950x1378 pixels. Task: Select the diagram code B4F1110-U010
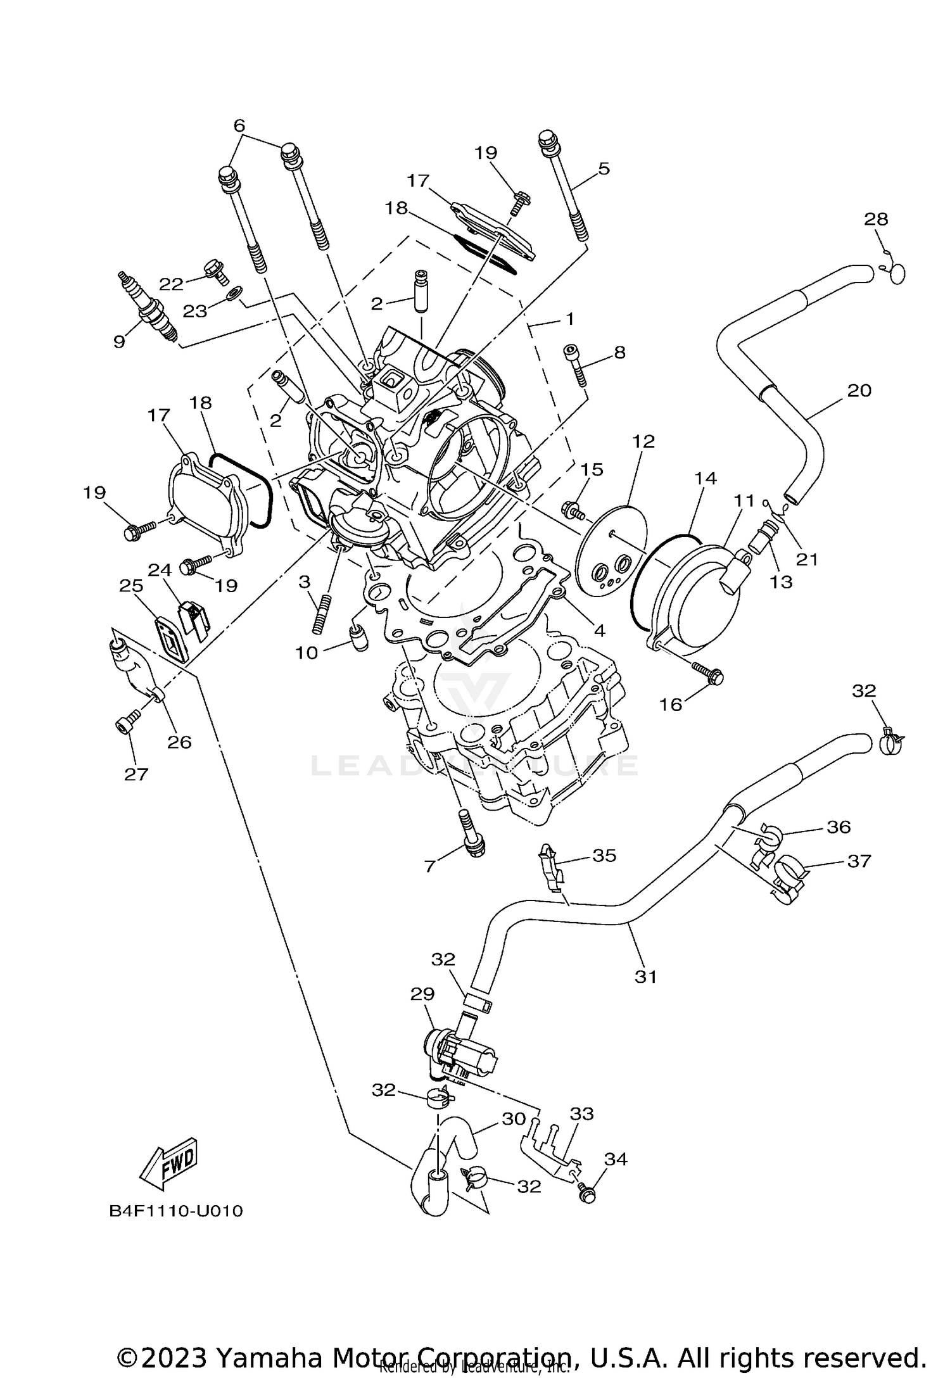coord(176,1211)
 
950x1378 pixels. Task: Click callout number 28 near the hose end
coord(876,219)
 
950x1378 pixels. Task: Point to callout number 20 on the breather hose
coord(859,390)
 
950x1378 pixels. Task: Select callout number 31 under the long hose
coord(646,977)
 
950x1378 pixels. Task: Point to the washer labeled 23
coord(234,293)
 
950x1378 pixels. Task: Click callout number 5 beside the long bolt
coord(603,168)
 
